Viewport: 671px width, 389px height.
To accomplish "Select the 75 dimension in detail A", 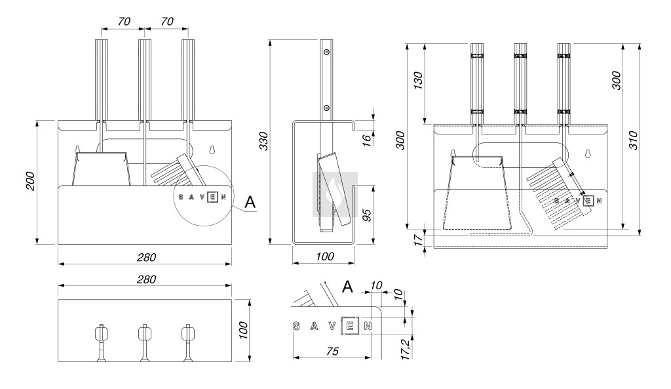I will pos(332,352).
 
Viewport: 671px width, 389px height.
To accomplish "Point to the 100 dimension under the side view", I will pos(323,257).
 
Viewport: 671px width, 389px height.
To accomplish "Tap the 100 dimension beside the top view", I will pos(242,331).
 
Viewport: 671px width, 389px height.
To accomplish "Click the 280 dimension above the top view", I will pos(145,279).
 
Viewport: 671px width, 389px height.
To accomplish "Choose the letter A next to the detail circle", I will pos(250,203).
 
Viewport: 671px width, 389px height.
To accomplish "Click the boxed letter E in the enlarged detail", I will pos(350,325).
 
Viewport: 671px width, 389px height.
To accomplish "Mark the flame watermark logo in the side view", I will pos(335,190).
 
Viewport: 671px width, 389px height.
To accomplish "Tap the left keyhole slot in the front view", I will pos(77,149).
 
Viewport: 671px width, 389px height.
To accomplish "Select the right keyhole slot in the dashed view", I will pos(588,154).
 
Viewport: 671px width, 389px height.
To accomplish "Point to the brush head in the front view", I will pos(176,170).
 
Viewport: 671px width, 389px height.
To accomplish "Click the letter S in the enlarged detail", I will pos(297,325).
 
